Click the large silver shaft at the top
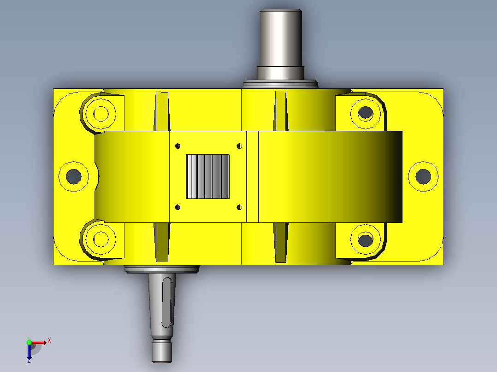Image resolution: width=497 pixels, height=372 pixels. [280, 44]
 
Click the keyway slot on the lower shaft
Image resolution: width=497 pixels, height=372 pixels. [167, 302]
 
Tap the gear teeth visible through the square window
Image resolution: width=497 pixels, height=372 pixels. [207, 177]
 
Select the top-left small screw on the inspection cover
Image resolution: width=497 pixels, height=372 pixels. [177, 146]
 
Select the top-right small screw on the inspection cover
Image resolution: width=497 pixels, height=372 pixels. [239, 146]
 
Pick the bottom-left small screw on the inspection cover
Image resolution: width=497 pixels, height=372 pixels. [177, 207]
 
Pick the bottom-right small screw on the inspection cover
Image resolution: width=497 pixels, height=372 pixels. [239, 207]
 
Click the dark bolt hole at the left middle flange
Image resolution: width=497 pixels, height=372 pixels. [74, 176]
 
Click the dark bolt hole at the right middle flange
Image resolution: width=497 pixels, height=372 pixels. [423, 176]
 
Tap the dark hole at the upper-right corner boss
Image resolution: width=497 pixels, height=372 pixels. [366, 112]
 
